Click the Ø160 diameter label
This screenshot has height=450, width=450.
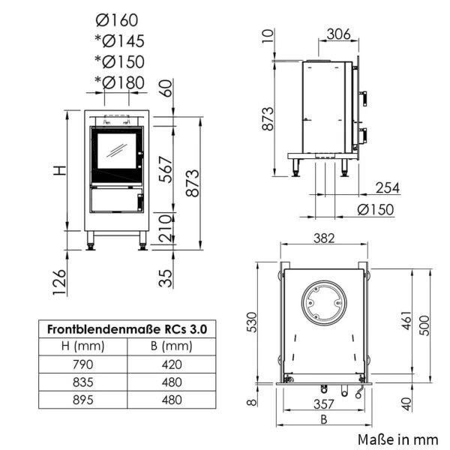click(x=117, y=20)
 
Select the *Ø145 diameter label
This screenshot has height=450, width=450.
click(x=120, y=41)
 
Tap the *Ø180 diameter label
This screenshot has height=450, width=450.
click(x=120, y=82)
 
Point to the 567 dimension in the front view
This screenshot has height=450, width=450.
click(x=166, y=169)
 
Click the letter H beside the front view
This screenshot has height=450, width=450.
click(x=60, y=171)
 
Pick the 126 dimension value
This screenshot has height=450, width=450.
click(x=60, y=282)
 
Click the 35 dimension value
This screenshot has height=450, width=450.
click(x=166, y=278)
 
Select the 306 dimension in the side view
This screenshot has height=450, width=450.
click(x=339, y=34)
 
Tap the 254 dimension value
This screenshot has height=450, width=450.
click(x=388, y=188)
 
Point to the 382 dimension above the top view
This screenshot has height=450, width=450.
click(x=324, y=238)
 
